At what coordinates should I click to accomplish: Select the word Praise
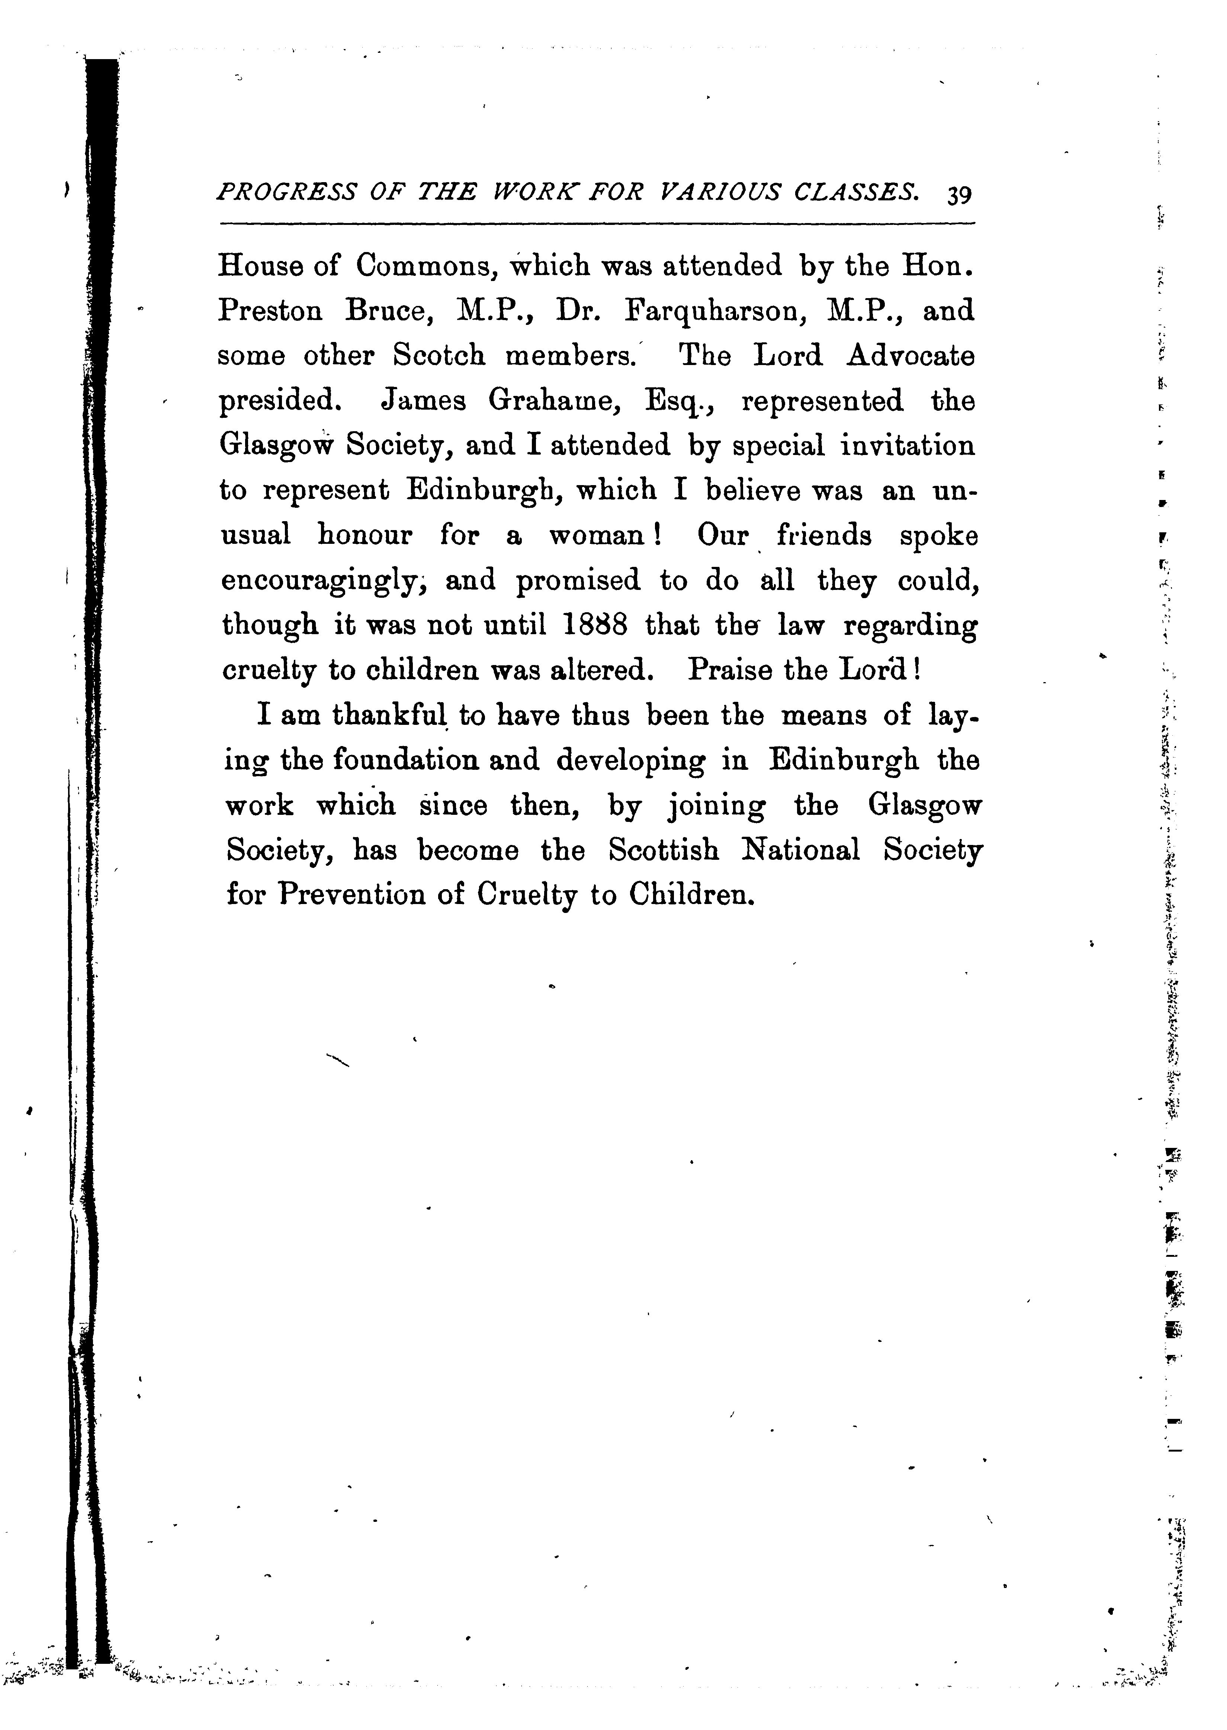730,671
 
